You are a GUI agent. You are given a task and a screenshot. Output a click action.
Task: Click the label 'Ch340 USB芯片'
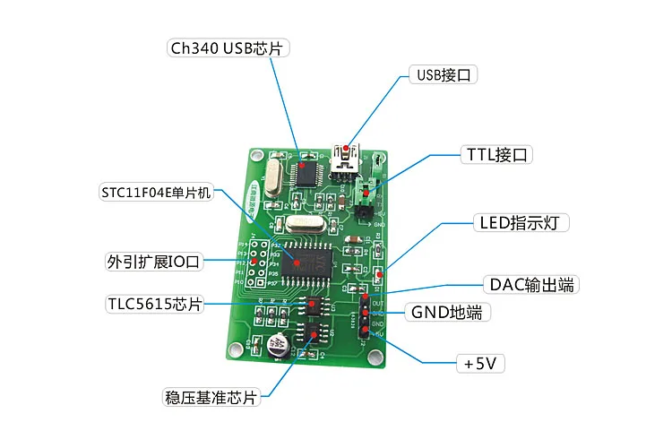pyautogui.click(x=228, y=47)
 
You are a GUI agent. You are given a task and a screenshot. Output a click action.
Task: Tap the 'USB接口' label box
pyautogui.click(x=442, y=74)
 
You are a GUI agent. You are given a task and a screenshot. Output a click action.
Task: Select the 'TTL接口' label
pyautogui.click(x=497, y=154)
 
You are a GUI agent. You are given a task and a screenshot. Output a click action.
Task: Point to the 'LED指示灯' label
pyautogui.click(x=520, y=221)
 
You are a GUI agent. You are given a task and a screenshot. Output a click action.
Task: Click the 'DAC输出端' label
pyautogui.click(x=531, y=285)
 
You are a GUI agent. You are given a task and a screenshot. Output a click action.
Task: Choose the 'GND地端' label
pyautogui.click(x=452, y=313)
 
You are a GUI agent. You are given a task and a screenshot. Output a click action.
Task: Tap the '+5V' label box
pyautogui.click(x=481, y=364)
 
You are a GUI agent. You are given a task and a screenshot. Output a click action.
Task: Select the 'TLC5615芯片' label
pyautogui.click(x=151, y=304)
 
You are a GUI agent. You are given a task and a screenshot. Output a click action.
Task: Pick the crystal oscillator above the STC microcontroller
pyautogui.click(x=304, y=224)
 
